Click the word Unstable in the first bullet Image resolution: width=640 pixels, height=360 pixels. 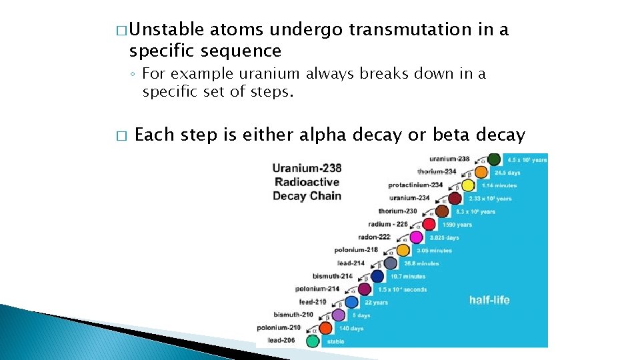pos(167,30)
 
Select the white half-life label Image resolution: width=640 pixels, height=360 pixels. pos(489,300)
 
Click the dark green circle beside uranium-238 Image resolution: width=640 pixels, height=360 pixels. pos(494,159)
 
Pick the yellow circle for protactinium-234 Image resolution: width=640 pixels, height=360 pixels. pos(468,185)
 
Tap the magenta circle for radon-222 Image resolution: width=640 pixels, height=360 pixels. pos(416,237)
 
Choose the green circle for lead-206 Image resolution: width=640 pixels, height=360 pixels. pos(312,341)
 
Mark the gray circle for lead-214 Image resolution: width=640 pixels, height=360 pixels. pos(390,263)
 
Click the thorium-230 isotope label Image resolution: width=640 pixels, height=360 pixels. pos(397,211)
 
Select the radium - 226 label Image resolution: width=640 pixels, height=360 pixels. pos(387,224)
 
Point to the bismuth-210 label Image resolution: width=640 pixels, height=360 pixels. pos(293,315)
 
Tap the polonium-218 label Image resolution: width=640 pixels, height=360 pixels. pos(356,250)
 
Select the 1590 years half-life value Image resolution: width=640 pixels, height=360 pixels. pos(455,225)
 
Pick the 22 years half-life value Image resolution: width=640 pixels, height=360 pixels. pos(376,302)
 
